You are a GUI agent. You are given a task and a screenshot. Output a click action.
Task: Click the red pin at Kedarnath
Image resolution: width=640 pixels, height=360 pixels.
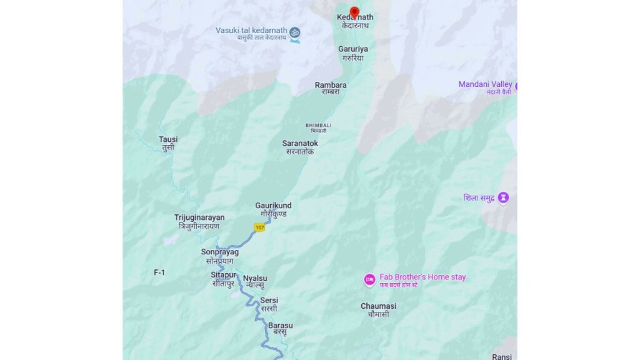coord(354,12)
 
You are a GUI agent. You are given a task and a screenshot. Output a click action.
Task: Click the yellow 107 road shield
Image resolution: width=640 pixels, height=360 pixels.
coord(259,227)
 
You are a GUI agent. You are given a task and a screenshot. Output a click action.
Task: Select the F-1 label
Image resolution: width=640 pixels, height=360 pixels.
coord(159,272)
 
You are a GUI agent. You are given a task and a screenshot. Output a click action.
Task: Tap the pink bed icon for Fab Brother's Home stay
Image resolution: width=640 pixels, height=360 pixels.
coord(369,279)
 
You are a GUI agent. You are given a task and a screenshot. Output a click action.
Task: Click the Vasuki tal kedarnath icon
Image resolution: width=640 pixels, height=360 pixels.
coord(294,32)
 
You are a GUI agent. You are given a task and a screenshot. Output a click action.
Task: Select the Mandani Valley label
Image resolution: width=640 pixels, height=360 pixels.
coord(486,84)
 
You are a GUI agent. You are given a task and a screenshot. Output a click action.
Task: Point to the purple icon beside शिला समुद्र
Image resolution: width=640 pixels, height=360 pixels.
coord(503,198)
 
